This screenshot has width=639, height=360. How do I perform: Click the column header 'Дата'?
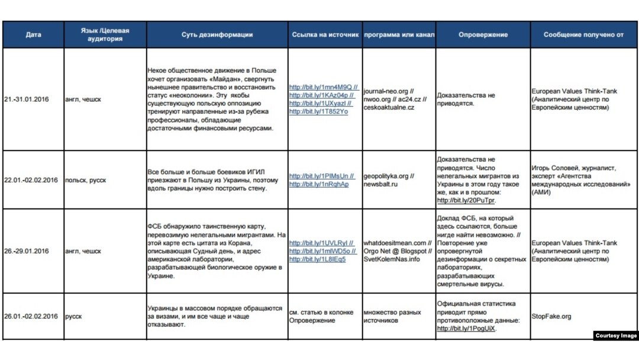pyautogui.click(x=34, y=35)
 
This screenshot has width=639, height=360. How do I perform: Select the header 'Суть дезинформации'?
pyautogui.click(x=217, y=35)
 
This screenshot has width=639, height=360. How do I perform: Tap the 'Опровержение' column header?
pyautogui.click(x=483, y=35)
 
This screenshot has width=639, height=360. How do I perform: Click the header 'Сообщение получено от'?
pyautogui.click(x=583, y=35)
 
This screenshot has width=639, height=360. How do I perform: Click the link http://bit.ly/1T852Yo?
pyautogui.click(x=318, y=112)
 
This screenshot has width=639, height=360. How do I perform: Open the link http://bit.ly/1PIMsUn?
pyautogui.click(x=320, y=176)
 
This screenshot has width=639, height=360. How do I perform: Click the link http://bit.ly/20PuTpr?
pyautogui.click(x=466, y=201)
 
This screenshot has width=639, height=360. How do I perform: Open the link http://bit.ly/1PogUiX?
pyautogui.click(x=466, y=329)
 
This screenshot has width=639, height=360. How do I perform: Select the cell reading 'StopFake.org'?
pyautogui.click(x=552, y=316)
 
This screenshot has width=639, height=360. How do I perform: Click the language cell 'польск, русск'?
pyautogui.click(x=86, y=180)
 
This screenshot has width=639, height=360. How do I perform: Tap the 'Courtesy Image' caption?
pyautogui.click(x=615, y=336)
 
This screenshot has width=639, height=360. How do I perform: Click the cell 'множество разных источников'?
pyautogui.click(x=392, y=316)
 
